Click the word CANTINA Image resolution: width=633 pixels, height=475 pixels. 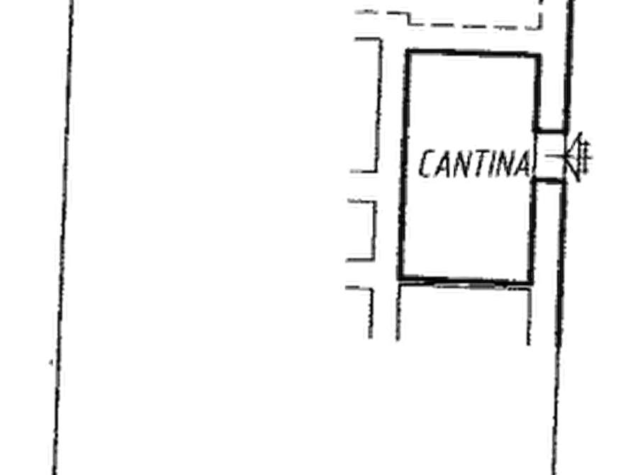pyautogui.click(x=475, y=164)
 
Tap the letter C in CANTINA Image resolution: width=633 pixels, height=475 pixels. pyautogui.click(x=427, y=164)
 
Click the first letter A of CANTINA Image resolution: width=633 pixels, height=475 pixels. pyautogui.click(x=442, y=164)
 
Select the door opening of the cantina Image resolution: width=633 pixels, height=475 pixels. pyautogui.click(x=549, y=155)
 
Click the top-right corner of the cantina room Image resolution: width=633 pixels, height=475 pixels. pyautogui.click(x=538, y=55)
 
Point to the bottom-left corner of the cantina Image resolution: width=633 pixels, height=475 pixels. pyautogui.click(x=400, y=277)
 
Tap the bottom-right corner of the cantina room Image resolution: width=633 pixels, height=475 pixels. pyautogui.click(x=531, y=281)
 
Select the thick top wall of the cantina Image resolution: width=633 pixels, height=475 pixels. pyautogui.click(x=473, y=53)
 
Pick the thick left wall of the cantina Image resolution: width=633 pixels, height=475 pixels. pyautogui.click(x=405, y=164)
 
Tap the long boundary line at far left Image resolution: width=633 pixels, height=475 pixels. pyautogui.click(x=63, y=238)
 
